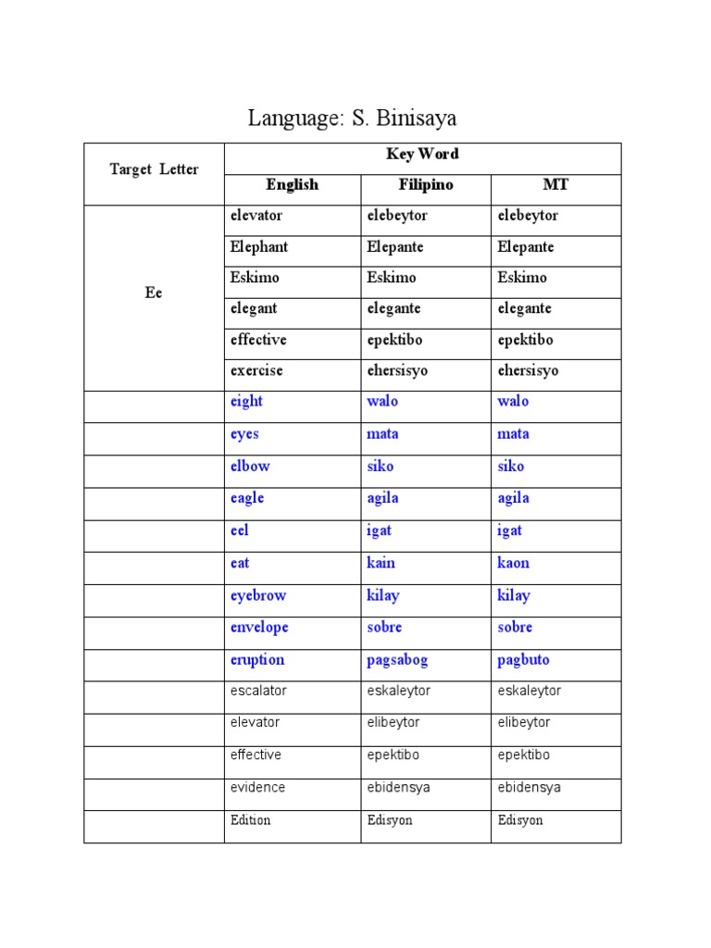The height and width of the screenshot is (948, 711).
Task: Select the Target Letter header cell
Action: click(154, 170)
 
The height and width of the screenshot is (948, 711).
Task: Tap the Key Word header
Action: click(422, 155)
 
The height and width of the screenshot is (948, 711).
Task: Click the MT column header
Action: click(555, 185)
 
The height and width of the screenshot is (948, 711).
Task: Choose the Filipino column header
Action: click(425, 185)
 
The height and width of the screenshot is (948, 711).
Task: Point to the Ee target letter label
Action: click(154, 293)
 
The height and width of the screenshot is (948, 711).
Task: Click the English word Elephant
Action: click(259, 247)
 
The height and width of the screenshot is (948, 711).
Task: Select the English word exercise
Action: click(256, 370)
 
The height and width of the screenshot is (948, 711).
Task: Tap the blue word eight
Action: click(246, 402)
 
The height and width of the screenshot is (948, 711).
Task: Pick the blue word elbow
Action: click(250, 467)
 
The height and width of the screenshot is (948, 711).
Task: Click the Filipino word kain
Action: click(380, 563)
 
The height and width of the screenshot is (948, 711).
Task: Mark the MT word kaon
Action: click(514, 563)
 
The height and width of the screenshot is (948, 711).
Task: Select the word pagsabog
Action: click(397, 660)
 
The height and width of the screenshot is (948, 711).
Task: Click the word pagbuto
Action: click(523, 660)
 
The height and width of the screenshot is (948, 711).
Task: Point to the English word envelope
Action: click(259, 628)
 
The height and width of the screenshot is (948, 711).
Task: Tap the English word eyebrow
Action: click(258, 595)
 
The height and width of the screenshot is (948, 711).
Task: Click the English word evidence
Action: click(257, 788)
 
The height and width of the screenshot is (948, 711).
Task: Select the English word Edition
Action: click(250, 820)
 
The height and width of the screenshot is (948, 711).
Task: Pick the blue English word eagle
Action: click(247, 498)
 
